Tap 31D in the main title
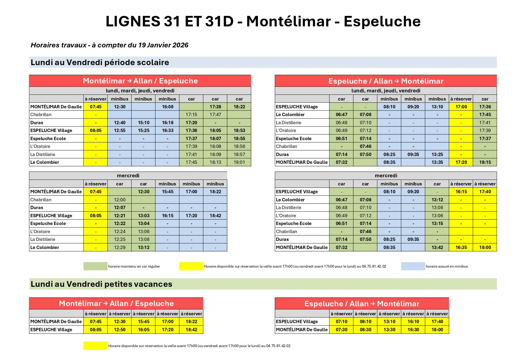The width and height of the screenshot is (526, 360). tap(219, 22)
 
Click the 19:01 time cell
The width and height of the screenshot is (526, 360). tap(239, 162)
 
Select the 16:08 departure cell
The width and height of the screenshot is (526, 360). tap(167, 107)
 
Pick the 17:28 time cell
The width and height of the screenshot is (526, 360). tap(215, 107)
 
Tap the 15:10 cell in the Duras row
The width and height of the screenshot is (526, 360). tap(143, 123)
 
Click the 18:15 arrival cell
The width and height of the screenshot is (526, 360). tap(485, 162)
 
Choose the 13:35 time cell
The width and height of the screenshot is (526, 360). tap(437, 162)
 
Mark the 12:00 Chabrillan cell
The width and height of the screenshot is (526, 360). tap(119, 200)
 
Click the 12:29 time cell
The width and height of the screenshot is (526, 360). tap(119, 247)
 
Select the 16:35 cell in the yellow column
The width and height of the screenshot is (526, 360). tap(461, 247)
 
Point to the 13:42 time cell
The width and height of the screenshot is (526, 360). tap(437, 247)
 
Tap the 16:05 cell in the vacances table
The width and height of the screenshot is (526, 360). tap(143, 330)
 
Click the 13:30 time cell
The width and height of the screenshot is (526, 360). tap(389, 330)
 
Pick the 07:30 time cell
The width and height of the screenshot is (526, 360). tap(341, 330)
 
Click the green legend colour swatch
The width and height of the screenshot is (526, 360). tap(95, 266)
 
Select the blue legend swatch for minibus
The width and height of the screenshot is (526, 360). tap(413, 266)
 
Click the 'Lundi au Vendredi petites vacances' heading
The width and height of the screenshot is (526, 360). tap(101, 284)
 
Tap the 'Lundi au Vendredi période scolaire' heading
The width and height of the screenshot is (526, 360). tap(100, 62)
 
